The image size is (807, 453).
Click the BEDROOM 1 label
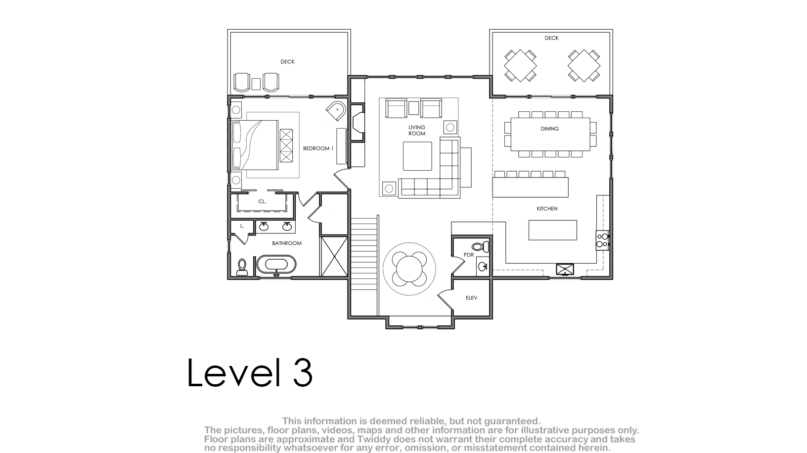318,148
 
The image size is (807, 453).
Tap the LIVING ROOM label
417,131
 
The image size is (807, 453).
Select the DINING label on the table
549,129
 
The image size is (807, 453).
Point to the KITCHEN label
547,209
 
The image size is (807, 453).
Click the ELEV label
472,298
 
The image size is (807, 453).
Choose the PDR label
469,255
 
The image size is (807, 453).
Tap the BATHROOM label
287,243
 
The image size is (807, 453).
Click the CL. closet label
262,201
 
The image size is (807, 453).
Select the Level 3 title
250,372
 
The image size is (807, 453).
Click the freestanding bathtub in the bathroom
276,265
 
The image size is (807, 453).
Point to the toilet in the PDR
480,246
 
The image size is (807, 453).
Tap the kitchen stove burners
602,240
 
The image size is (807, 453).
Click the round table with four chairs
409,269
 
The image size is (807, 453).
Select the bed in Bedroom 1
255,145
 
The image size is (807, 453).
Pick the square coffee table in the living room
417,156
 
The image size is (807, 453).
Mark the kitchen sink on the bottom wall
565,269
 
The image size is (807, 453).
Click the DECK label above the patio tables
551,38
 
